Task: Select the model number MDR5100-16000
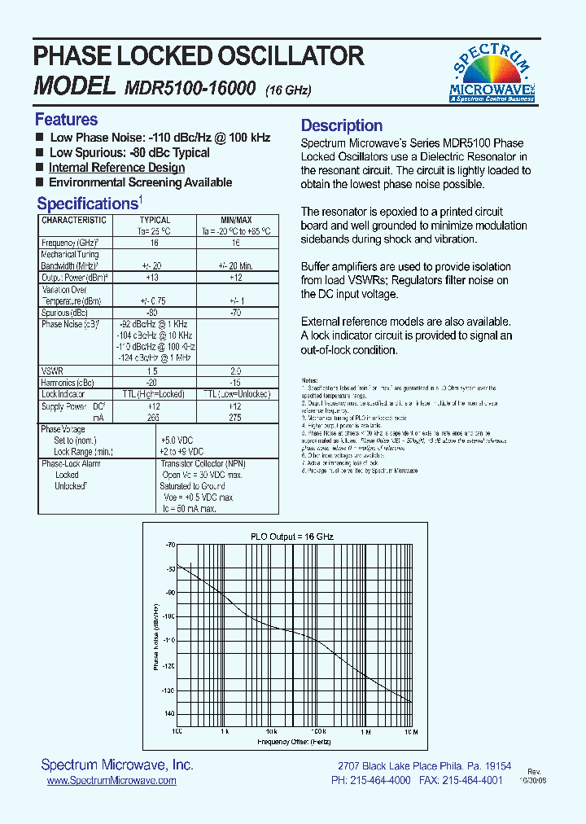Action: pos(190,87)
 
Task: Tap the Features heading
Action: pos(66,120)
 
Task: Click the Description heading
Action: pos(342,125)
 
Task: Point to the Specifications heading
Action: pos(87,204)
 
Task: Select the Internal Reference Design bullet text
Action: pos(116,168)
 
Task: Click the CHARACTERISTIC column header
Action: pos(74,221)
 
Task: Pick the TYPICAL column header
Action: pos(155,221)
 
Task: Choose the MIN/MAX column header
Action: pos(236,221)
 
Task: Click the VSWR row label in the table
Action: pos(52,370)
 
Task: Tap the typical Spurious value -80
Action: pos(151,313)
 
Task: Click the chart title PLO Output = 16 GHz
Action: pos(291,537)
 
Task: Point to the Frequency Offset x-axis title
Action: pos(294,742)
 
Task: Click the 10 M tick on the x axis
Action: pos(411,732)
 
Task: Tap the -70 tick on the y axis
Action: pos(170,545)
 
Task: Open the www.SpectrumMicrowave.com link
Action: pos(112,780)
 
